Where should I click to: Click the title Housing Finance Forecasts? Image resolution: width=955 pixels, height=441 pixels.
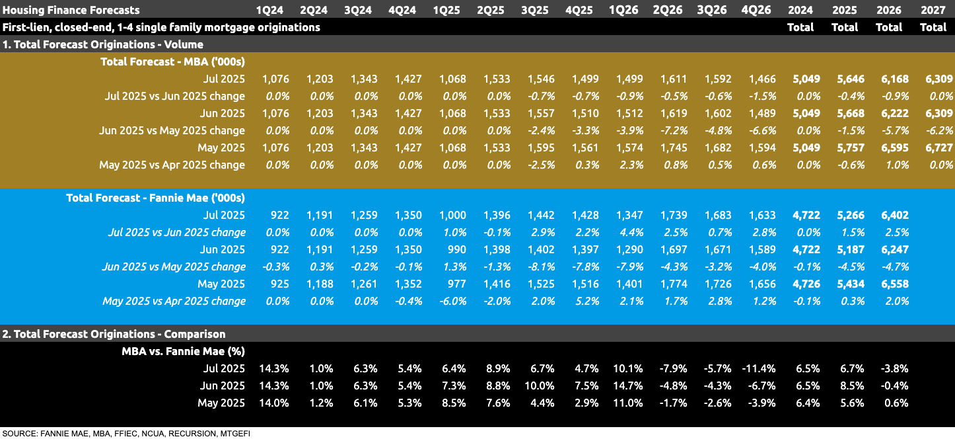[x=71, y=10]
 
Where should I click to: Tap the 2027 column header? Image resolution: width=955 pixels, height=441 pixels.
[x=933, y=10]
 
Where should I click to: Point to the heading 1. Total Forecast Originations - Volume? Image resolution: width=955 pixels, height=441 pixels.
[x=102, y=44]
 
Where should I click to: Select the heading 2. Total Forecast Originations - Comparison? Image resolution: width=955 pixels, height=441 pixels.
[x=114, y=334]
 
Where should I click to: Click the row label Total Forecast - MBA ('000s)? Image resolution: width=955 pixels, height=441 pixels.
[x=172, y=61]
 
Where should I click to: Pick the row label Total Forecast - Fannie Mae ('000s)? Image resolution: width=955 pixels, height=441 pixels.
[x=155, y=198]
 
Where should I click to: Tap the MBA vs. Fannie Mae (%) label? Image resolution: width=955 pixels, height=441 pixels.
[x=183, y=351]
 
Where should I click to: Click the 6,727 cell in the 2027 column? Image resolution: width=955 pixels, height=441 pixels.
[x=933, y=147]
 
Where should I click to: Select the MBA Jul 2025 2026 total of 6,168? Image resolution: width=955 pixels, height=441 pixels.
[x=889, y=79]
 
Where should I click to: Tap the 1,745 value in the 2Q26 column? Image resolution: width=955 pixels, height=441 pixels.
[x=674, y=147]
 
